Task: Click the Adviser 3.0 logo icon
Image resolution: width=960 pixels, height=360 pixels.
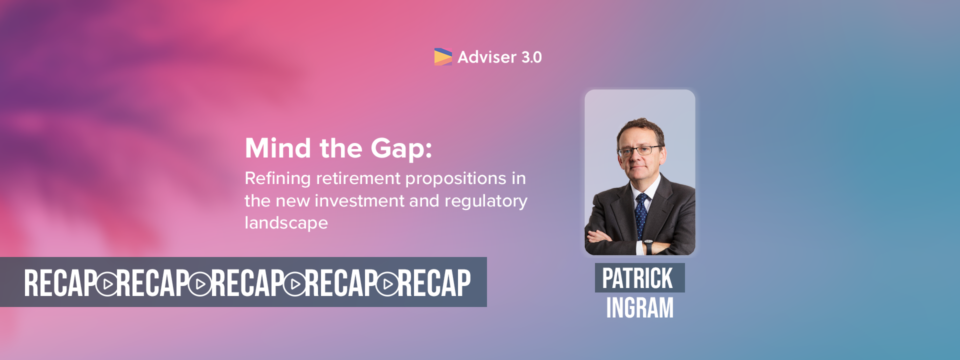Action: [x=443, y=57]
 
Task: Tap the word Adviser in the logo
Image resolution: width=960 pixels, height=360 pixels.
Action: [x=487, y=57]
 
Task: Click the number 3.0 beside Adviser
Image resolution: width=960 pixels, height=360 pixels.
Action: [x=531, y=57]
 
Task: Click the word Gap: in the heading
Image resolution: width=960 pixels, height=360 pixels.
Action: [x=401, y=149]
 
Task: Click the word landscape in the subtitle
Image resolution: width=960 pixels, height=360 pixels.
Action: [x=286, y=223]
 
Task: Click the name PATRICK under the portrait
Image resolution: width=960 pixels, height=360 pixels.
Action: [x=637, y=278]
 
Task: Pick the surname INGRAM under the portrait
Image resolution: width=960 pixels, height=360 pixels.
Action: [x=640, y=307]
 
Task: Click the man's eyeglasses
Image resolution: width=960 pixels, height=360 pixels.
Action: [x=640, y=150]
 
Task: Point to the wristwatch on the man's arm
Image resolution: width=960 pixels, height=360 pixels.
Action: [x=648, y=246]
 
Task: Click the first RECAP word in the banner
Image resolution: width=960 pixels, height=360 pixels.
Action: [x=60, y=283]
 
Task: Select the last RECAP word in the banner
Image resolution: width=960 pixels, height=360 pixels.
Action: [x=434, y=283]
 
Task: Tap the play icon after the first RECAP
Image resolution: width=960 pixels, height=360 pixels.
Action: [x=106, y=284]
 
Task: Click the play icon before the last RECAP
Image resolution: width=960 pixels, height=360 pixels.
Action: [x=387, y=284]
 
